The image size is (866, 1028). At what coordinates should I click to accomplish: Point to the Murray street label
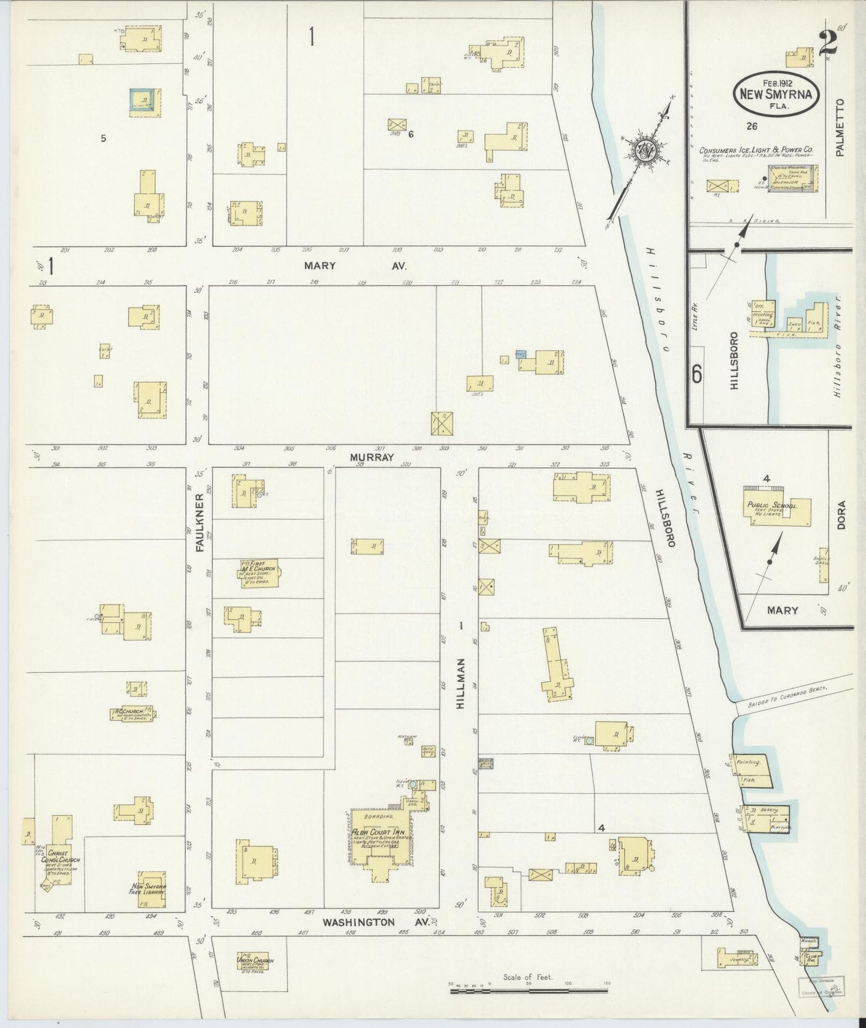pos(373,457)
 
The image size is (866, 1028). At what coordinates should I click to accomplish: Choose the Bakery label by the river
pos(770,810)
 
